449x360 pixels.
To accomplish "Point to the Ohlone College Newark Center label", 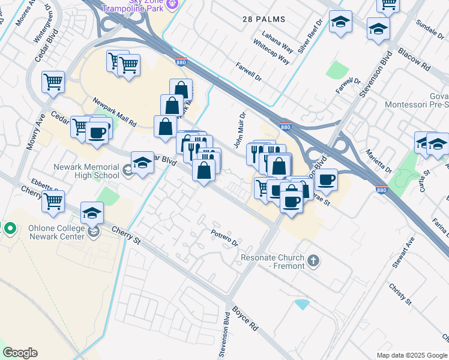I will (x=57, y=232).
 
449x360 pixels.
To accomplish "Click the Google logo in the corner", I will (x=20, y=353).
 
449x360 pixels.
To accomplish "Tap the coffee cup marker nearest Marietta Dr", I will (x=327, y=180).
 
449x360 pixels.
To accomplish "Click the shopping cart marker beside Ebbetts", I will (x=53, y=202).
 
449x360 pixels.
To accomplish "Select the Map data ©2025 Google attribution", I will (x=412, y=355).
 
